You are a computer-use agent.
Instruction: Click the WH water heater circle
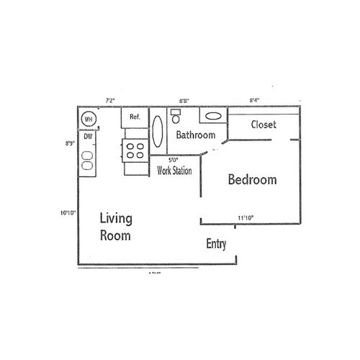coord(89,119)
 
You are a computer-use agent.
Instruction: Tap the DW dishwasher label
coord(87,135)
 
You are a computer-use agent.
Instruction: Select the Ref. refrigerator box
coord(134,117)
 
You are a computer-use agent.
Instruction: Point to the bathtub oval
coord(158,132)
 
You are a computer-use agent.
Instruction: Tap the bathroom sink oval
coord(212,115)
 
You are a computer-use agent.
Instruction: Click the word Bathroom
coord(197,135)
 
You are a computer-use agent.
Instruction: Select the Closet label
coord(264,125)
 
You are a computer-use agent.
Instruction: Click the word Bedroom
coord(252,180)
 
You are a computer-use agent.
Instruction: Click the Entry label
coord(216,244)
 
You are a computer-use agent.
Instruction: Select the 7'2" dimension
coord(112,100)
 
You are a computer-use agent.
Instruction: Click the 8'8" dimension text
coord(184,101)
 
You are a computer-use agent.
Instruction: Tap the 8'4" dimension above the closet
coord(256,101)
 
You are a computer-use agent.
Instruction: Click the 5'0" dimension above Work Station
coord(174,160)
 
